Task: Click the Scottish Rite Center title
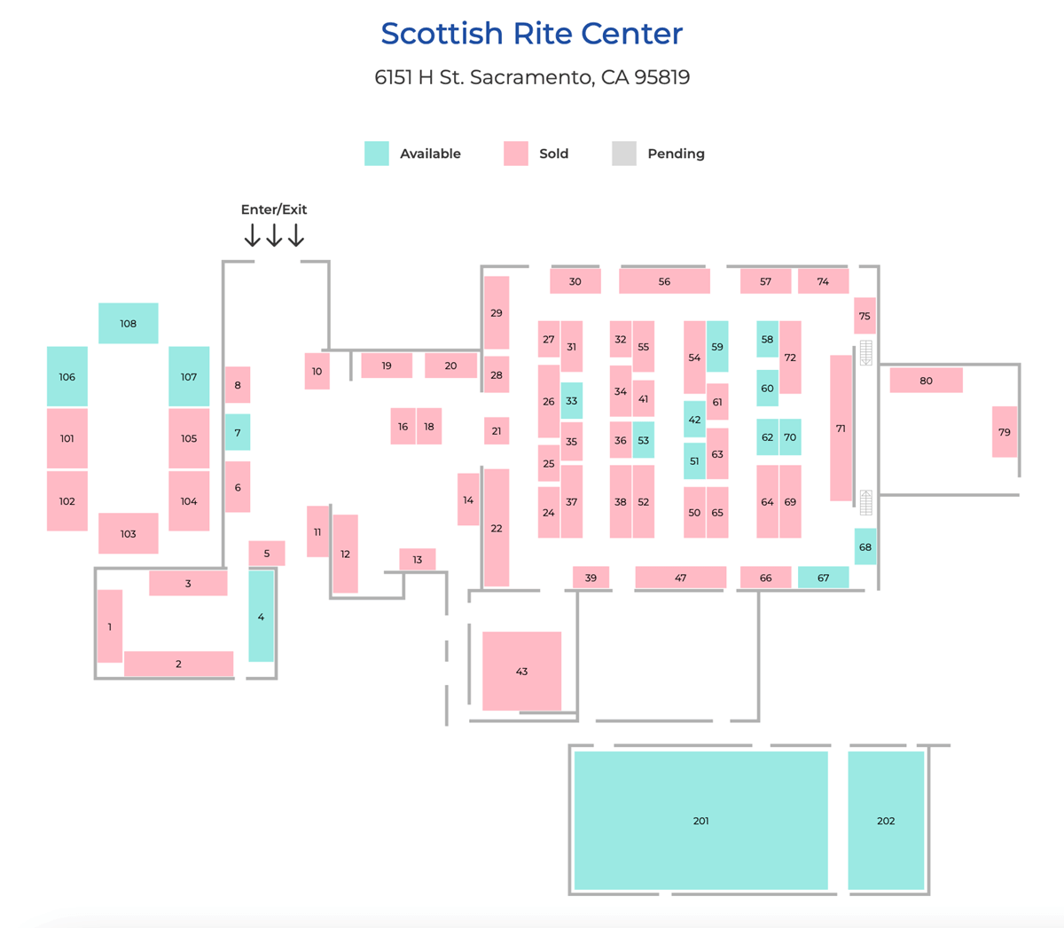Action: click(x=531, y=34)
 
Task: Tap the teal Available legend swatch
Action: click(x=377, y=153)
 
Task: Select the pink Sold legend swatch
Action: click(x=515, y=153)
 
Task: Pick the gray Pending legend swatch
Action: click(x=624, y=153)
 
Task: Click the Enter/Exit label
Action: click(x=274, y=209)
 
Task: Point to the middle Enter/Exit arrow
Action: click(x=274, y=235)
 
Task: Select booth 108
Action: click(x=129, y=323)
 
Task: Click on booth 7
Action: click(x=238, y=432)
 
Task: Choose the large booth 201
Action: click(x=701, y=821)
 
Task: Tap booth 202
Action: click(x=886, y=821)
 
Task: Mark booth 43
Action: click(x=521, y=671)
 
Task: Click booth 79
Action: click(x=1005, y=432)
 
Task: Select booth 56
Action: click(x=664, y=281)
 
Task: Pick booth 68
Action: click(x=865, y=547)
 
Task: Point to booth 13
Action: click(x=418, y=559)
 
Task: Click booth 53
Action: click(x=644, y=440)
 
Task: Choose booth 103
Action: click(x=129, y=533)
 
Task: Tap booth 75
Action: click(x=864, y=316)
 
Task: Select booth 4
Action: click(x=261, y=617)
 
